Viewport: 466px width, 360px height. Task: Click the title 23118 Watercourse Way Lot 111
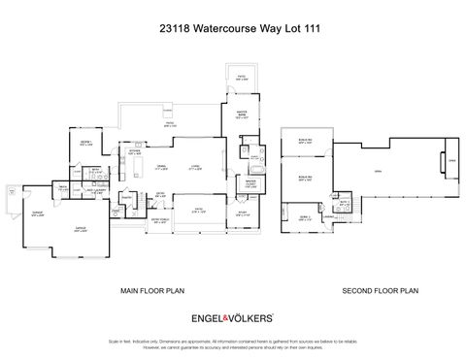pos(233,28)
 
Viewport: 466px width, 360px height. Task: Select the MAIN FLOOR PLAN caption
pos(152,290)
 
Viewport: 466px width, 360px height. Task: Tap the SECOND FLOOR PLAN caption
pos(380,290)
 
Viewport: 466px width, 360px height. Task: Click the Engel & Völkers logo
pos(233,317)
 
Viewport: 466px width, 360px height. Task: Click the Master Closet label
pos(250,181)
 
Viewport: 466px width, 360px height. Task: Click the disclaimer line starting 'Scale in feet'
pos(233,342)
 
